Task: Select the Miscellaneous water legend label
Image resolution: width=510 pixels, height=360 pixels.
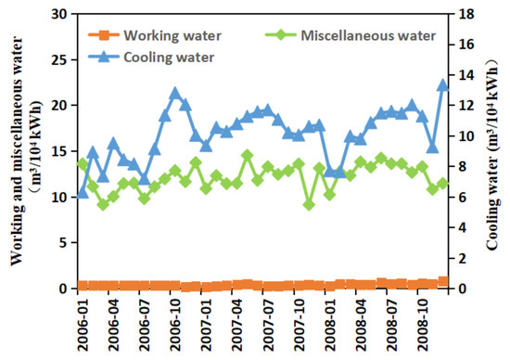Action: [x=367, y=36]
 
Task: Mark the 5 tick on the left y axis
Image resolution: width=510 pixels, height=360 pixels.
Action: [x=64, y=243]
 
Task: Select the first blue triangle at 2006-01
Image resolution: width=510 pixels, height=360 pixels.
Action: [x=83, y=193]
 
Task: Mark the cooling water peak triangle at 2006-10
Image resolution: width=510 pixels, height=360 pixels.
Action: [x=175, y=94]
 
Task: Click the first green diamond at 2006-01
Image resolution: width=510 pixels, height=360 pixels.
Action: [x=83, y=164]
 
